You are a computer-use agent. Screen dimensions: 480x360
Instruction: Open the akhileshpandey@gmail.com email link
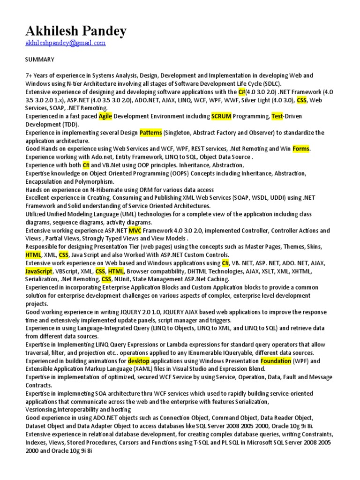65,43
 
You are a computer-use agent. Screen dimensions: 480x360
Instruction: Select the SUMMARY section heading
40,60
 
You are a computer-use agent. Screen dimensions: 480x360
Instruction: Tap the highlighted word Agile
105,116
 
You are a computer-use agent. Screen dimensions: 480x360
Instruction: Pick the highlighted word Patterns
150,133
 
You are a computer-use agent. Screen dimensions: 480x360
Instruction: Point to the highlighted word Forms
301,149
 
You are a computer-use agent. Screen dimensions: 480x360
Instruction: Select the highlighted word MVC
135,231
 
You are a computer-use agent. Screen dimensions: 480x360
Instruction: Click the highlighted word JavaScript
39,271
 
